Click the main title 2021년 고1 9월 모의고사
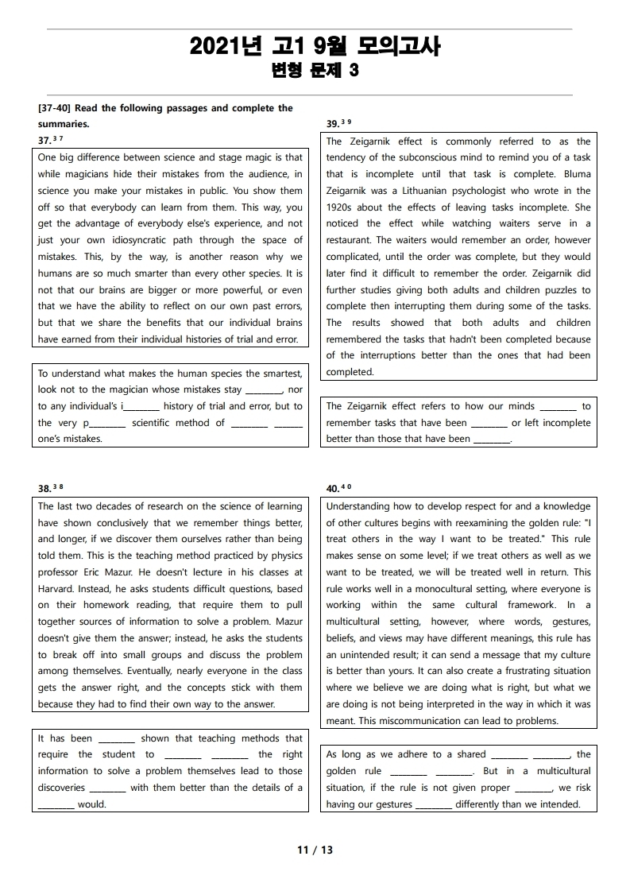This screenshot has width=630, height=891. (x=315, y=47)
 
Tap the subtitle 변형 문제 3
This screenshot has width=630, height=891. (x=315, y=71)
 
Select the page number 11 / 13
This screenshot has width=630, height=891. (x=315, y=850)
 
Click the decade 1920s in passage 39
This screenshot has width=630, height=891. (x=341, y=207)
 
